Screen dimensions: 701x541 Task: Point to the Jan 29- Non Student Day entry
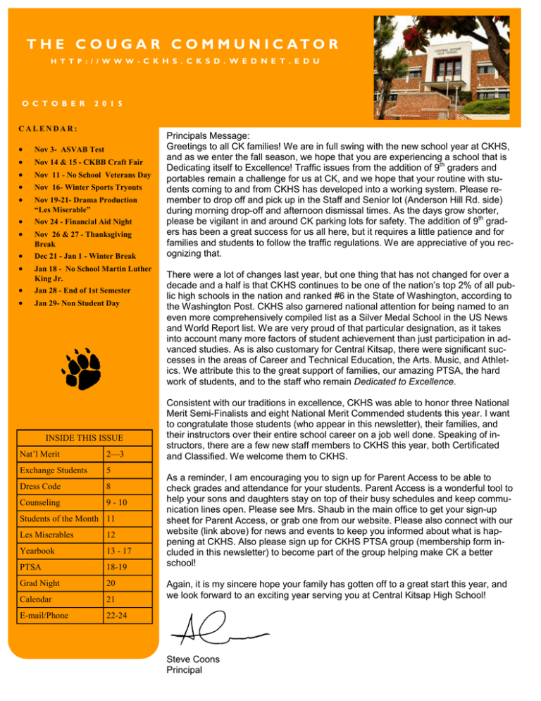pyautogui.click(x=73, y=303)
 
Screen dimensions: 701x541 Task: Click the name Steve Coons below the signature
pyautogui.click(x=193, y=659)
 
